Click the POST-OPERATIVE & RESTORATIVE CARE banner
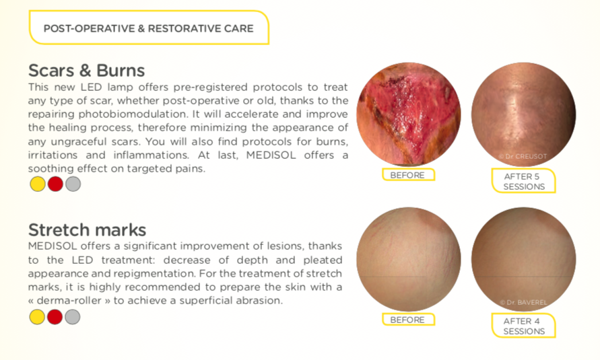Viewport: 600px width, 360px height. click(148, 28)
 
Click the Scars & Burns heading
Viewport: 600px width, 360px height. click(86, 71)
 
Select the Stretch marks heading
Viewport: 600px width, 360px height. click(88, 229)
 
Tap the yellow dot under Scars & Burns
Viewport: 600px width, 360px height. click(38, 184)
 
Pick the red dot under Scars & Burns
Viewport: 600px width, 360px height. click(55, 184)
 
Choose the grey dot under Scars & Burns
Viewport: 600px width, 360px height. click(73, 184)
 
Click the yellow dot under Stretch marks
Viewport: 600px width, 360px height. click(37, 317)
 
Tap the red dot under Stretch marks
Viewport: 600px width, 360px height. click(55, 317)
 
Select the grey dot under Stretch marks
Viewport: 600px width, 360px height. click(72, 317)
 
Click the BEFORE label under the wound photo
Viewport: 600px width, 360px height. click(408, 175)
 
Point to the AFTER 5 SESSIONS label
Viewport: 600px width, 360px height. click(523, 181)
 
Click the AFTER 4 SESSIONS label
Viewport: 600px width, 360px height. click(523, 326)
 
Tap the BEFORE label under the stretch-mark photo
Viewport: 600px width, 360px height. click(408, 320)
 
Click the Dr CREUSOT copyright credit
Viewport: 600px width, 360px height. click(523, 156)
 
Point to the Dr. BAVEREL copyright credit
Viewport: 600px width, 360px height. click(523, 302)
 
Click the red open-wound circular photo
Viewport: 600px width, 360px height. click(409, 114)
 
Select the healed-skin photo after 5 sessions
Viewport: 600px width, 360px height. click(523, 114)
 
